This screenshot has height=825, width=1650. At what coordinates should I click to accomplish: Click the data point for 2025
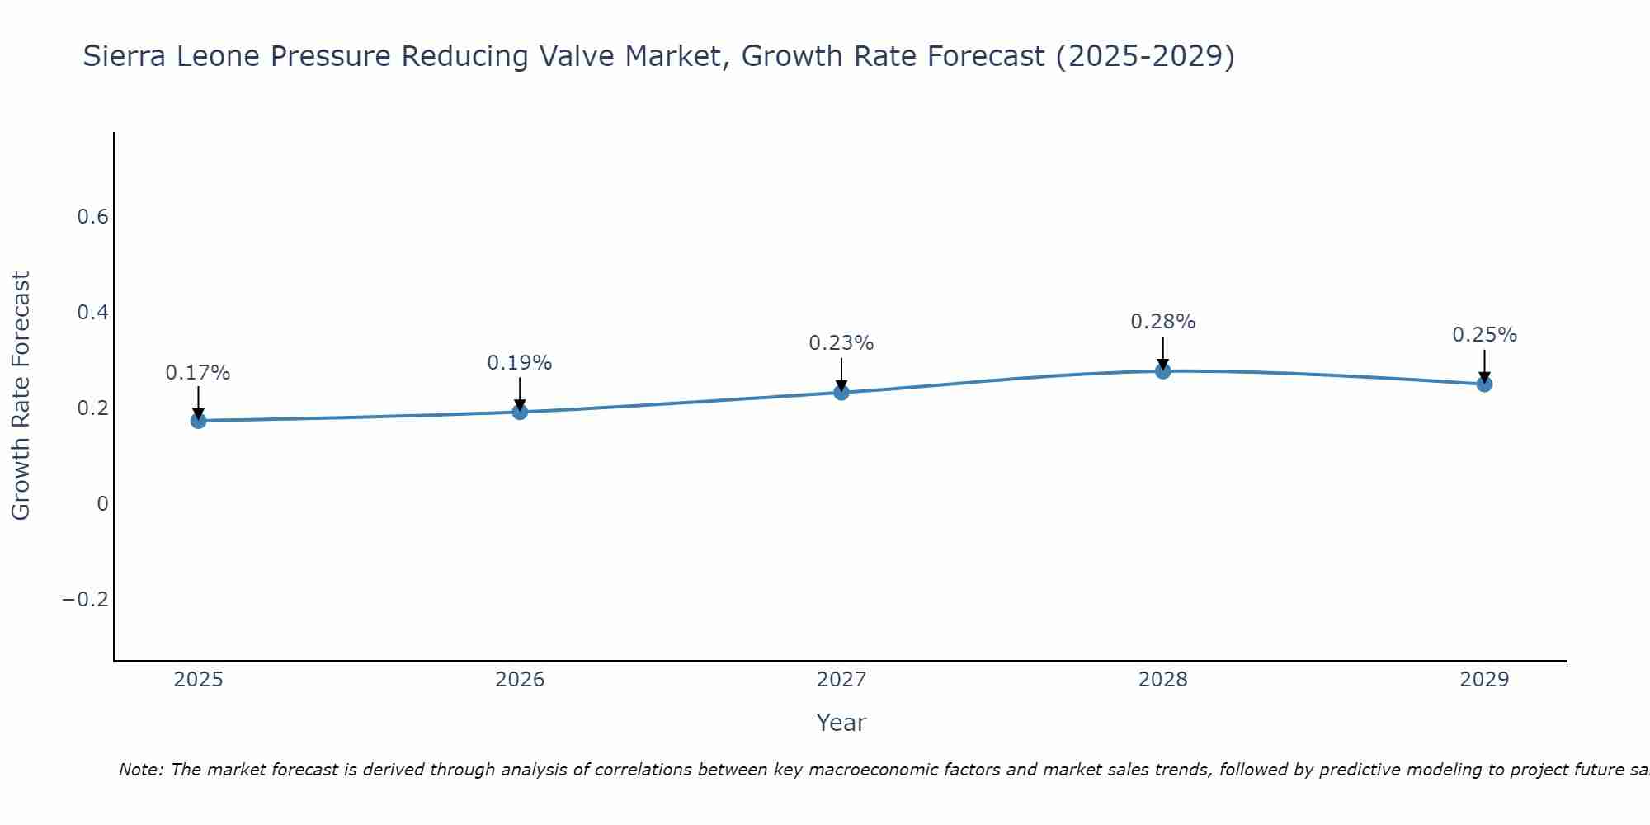(x=198, y=421)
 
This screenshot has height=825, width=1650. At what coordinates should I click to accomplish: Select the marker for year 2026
(x=520, y=412)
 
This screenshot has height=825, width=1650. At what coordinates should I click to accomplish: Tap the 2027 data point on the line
(x=841, y=392)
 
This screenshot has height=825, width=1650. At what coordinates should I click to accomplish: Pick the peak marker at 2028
(x=1163, y=371)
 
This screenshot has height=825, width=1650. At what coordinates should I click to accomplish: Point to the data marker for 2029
(x=1484, y=384)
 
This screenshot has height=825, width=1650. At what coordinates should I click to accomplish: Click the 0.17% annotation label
(x=198, y=373)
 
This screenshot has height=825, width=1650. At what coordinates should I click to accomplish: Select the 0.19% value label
(x=520, y=363)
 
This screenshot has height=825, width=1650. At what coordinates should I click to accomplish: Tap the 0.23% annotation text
(x=841, y=343)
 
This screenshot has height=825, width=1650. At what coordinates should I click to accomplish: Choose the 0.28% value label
(x=1163, y=322)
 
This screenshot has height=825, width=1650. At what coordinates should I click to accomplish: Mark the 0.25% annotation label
(x=1484, y=335)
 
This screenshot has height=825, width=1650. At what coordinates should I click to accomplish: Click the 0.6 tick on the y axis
(x=92, y=217)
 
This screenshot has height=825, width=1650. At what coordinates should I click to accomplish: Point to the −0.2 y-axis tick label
(x=85, y=599)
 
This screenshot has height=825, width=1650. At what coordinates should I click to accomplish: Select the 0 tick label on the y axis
(x=102, y=503)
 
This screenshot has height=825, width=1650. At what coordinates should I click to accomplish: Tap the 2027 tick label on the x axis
(x=841, y=680)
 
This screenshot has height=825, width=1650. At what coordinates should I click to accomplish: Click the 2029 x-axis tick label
(x=1484, y=680)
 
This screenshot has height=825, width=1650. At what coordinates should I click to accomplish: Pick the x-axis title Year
(x=841, y=723)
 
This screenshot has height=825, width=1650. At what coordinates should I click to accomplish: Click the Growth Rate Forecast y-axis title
(x=21, y=396)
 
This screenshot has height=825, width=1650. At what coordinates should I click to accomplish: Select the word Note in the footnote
(x=140, y=770)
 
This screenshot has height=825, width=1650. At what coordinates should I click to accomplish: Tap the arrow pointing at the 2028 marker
(x=1163, y=353)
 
